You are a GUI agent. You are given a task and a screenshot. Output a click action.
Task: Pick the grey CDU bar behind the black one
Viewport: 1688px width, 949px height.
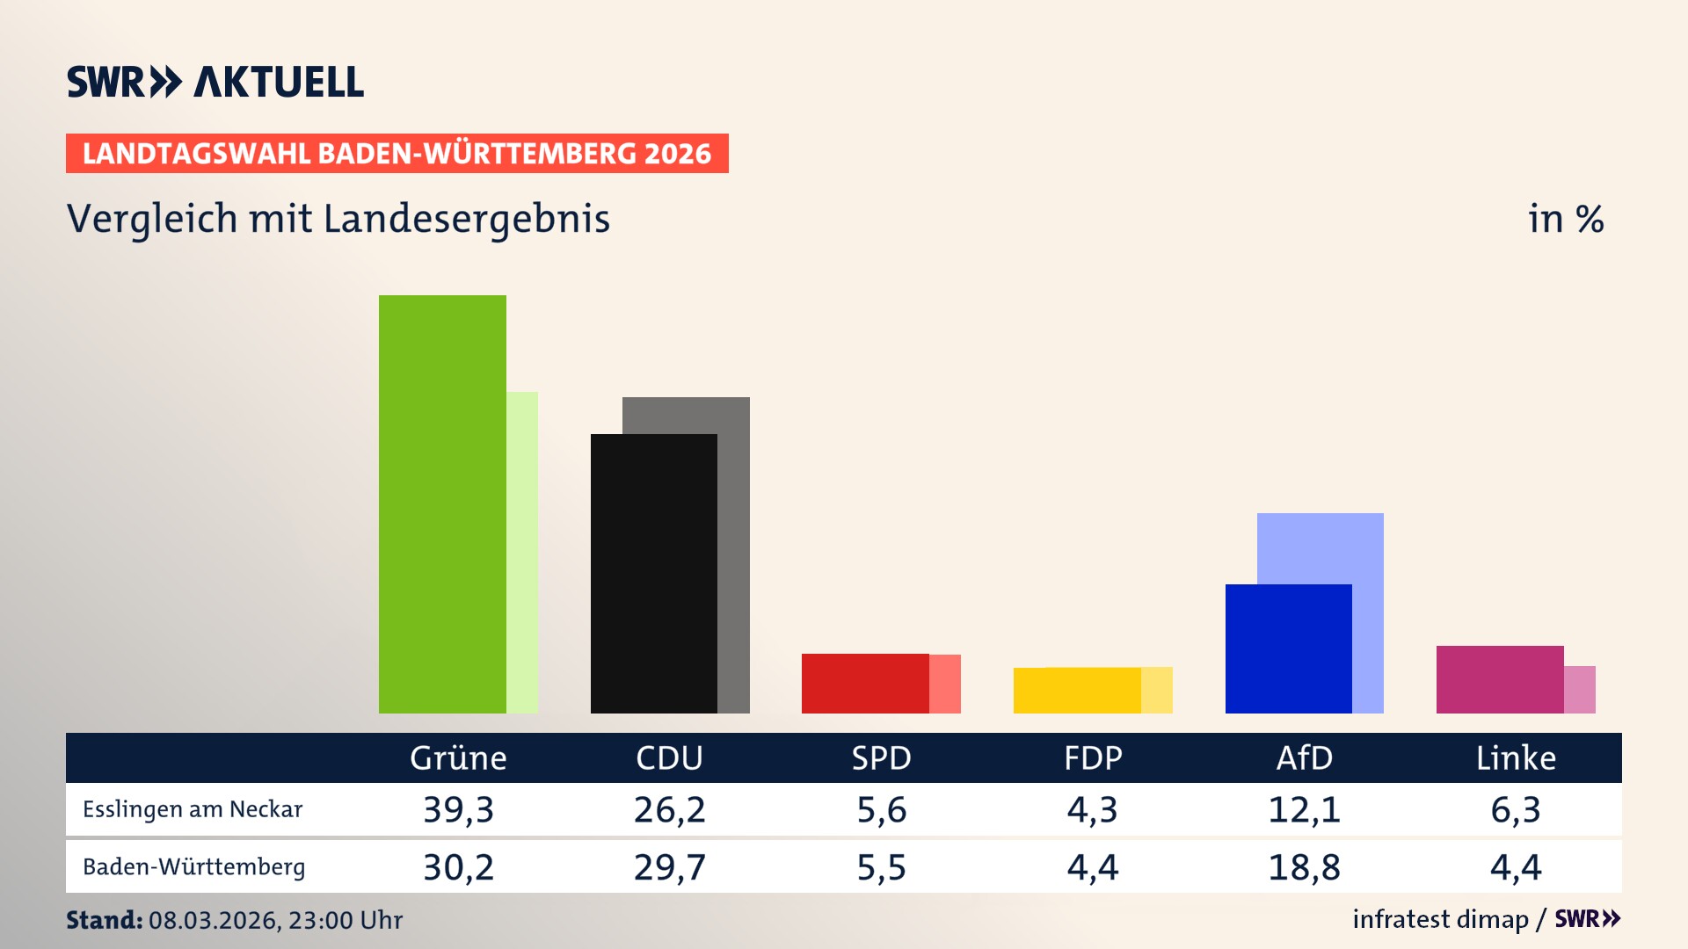click(x=734, y=554)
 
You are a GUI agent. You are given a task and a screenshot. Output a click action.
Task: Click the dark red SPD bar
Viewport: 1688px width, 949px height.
click(x=865, y=684)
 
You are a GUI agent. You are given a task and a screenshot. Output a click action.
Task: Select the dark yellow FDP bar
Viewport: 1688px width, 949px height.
click(x=1077, y=691)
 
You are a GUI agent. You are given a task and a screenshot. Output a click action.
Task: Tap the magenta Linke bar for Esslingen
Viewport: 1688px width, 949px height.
click(x=1500, y=679)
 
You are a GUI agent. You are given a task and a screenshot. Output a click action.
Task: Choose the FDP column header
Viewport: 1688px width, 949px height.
click(x=1093, y=758)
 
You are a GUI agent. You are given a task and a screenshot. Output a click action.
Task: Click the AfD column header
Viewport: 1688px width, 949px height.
click(x=1305, y=758)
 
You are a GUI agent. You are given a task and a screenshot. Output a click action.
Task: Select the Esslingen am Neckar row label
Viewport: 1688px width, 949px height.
click(x=193, y=809)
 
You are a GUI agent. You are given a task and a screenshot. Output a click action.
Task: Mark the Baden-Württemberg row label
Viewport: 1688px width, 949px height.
click(x=194, y=867)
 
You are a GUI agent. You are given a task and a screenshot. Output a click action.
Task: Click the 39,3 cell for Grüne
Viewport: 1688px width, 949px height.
click(x=458, y=809)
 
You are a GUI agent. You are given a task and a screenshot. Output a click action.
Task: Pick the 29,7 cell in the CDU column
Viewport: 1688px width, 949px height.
click(x=670, y=867)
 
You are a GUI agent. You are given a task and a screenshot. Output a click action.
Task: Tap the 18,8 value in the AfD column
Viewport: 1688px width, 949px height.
click(x=1305, y=867)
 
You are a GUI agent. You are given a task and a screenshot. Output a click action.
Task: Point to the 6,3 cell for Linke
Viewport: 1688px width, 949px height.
click(x=1516, y=809)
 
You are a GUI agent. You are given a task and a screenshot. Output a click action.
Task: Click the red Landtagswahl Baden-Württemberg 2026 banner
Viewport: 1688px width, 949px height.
click(x=397, y=154)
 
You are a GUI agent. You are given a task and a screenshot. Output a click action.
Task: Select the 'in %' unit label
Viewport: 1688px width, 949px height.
click(x=1566, y=219)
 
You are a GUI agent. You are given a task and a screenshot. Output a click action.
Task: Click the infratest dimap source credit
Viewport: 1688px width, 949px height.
click(x=1440, y=919)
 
